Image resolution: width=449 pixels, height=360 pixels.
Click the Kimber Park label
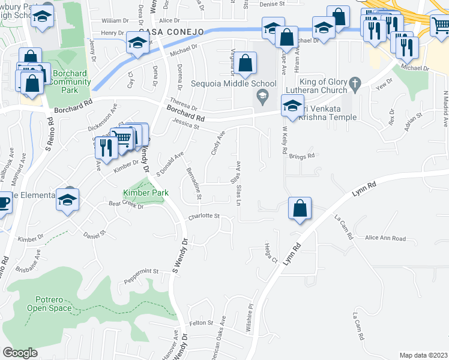point(146,193)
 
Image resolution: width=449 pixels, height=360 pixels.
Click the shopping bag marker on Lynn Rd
point(299,208)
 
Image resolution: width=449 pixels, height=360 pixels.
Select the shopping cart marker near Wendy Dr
point(123,138)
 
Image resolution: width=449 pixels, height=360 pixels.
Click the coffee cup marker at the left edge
point(4,202)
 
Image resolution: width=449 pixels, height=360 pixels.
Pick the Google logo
point(20,353)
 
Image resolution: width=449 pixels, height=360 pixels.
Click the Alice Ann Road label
point(385,238)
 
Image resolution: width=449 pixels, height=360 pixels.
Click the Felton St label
point(202,323)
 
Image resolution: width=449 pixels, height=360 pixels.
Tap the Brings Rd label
point(301,157)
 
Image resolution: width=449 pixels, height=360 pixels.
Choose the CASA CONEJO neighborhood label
point(171,31)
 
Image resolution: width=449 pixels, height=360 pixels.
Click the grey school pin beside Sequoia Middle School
point(262,95)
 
